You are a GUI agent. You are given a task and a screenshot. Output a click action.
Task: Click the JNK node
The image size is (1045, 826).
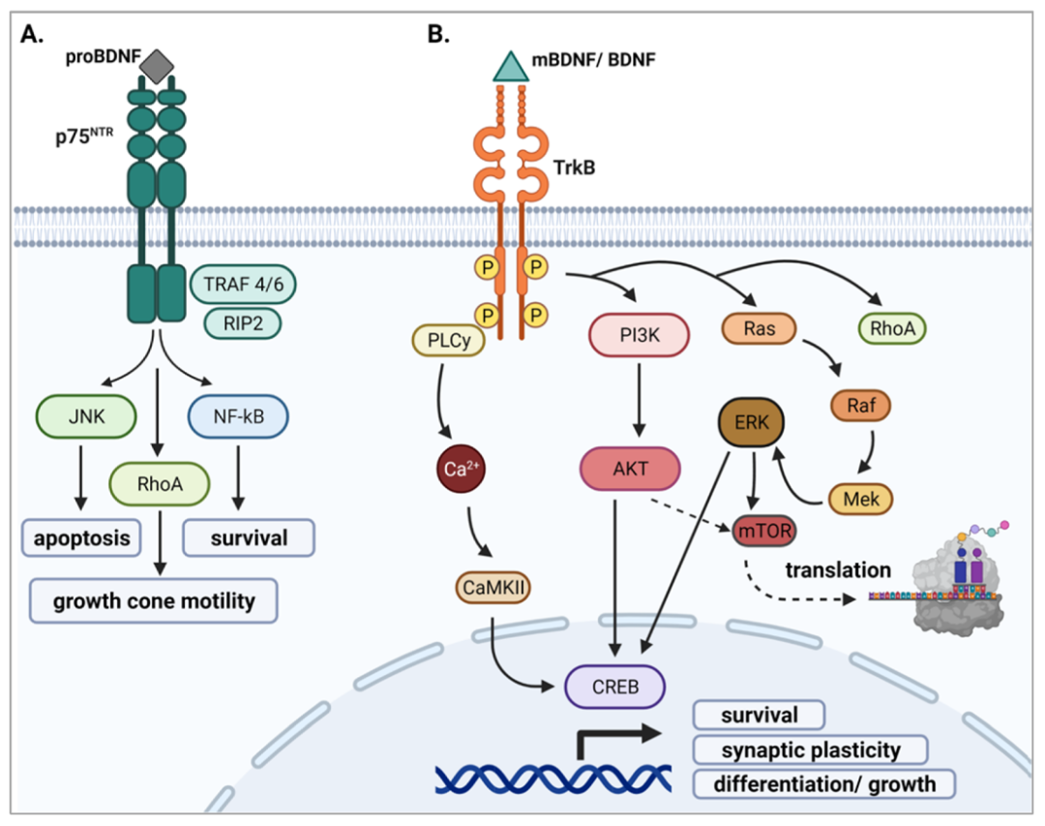pos(86,416)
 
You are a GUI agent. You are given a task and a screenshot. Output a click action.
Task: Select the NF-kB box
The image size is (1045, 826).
pos(239,416)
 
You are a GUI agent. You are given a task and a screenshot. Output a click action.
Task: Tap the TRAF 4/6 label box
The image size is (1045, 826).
pos(243,285)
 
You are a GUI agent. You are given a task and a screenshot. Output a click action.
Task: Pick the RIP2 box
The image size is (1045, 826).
pos(243,323)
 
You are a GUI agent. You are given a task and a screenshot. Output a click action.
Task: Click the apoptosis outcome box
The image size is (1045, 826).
pos(81,537)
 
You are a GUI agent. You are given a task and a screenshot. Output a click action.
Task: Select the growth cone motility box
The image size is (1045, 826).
pos(153,600)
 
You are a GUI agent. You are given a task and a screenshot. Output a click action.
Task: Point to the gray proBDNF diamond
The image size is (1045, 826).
pos(158,66)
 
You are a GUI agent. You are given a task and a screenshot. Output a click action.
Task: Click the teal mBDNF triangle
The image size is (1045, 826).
pos(511,66)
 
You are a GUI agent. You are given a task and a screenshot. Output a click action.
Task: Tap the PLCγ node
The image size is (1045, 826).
pos(449,340)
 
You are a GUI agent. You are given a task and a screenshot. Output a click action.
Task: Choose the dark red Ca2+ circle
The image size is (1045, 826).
pos(461,469)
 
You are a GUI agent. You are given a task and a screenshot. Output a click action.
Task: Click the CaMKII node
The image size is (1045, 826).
pos(493,587)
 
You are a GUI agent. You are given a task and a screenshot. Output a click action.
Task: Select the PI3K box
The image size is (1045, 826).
pos(640,334)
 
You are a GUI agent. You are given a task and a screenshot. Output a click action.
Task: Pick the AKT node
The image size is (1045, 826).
pos(631,469)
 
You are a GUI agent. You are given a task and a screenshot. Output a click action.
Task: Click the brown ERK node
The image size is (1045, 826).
pos(751,422)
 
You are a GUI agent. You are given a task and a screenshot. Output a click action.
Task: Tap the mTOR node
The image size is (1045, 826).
pos(764,531)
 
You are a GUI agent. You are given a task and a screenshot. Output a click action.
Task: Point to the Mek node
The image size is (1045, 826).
pos(861,499)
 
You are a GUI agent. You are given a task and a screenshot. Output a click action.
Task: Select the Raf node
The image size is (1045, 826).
pos(860,405)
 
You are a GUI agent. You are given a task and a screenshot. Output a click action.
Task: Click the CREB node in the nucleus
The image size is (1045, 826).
pos(615,687)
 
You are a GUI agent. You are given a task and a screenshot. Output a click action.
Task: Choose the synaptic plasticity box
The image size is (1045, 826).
pos(811,750)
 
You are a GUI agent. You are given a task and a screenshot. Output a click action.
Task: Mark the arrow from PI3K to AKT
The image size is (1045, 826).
pos(640,399)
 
